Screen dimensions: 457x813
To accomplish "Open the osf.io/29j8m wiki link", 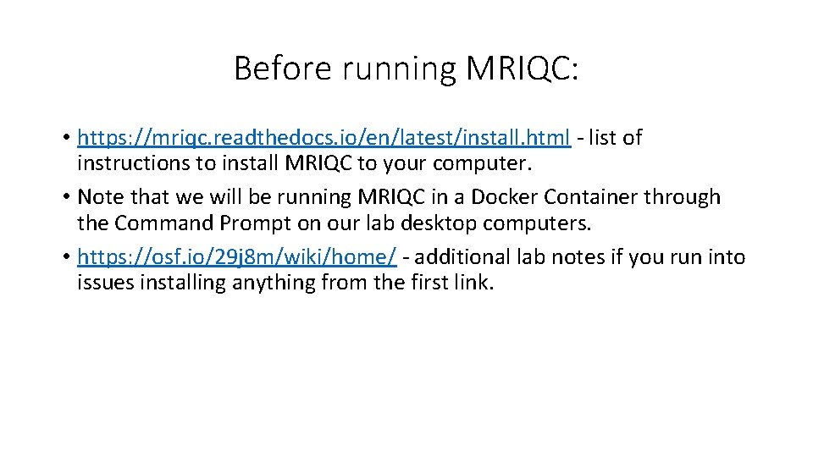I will tap(236, 257).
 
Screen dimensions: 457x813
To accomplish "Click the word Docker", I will tap(505, 197).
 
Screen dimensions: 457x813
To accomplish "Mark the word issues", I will tap(102, 283).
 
